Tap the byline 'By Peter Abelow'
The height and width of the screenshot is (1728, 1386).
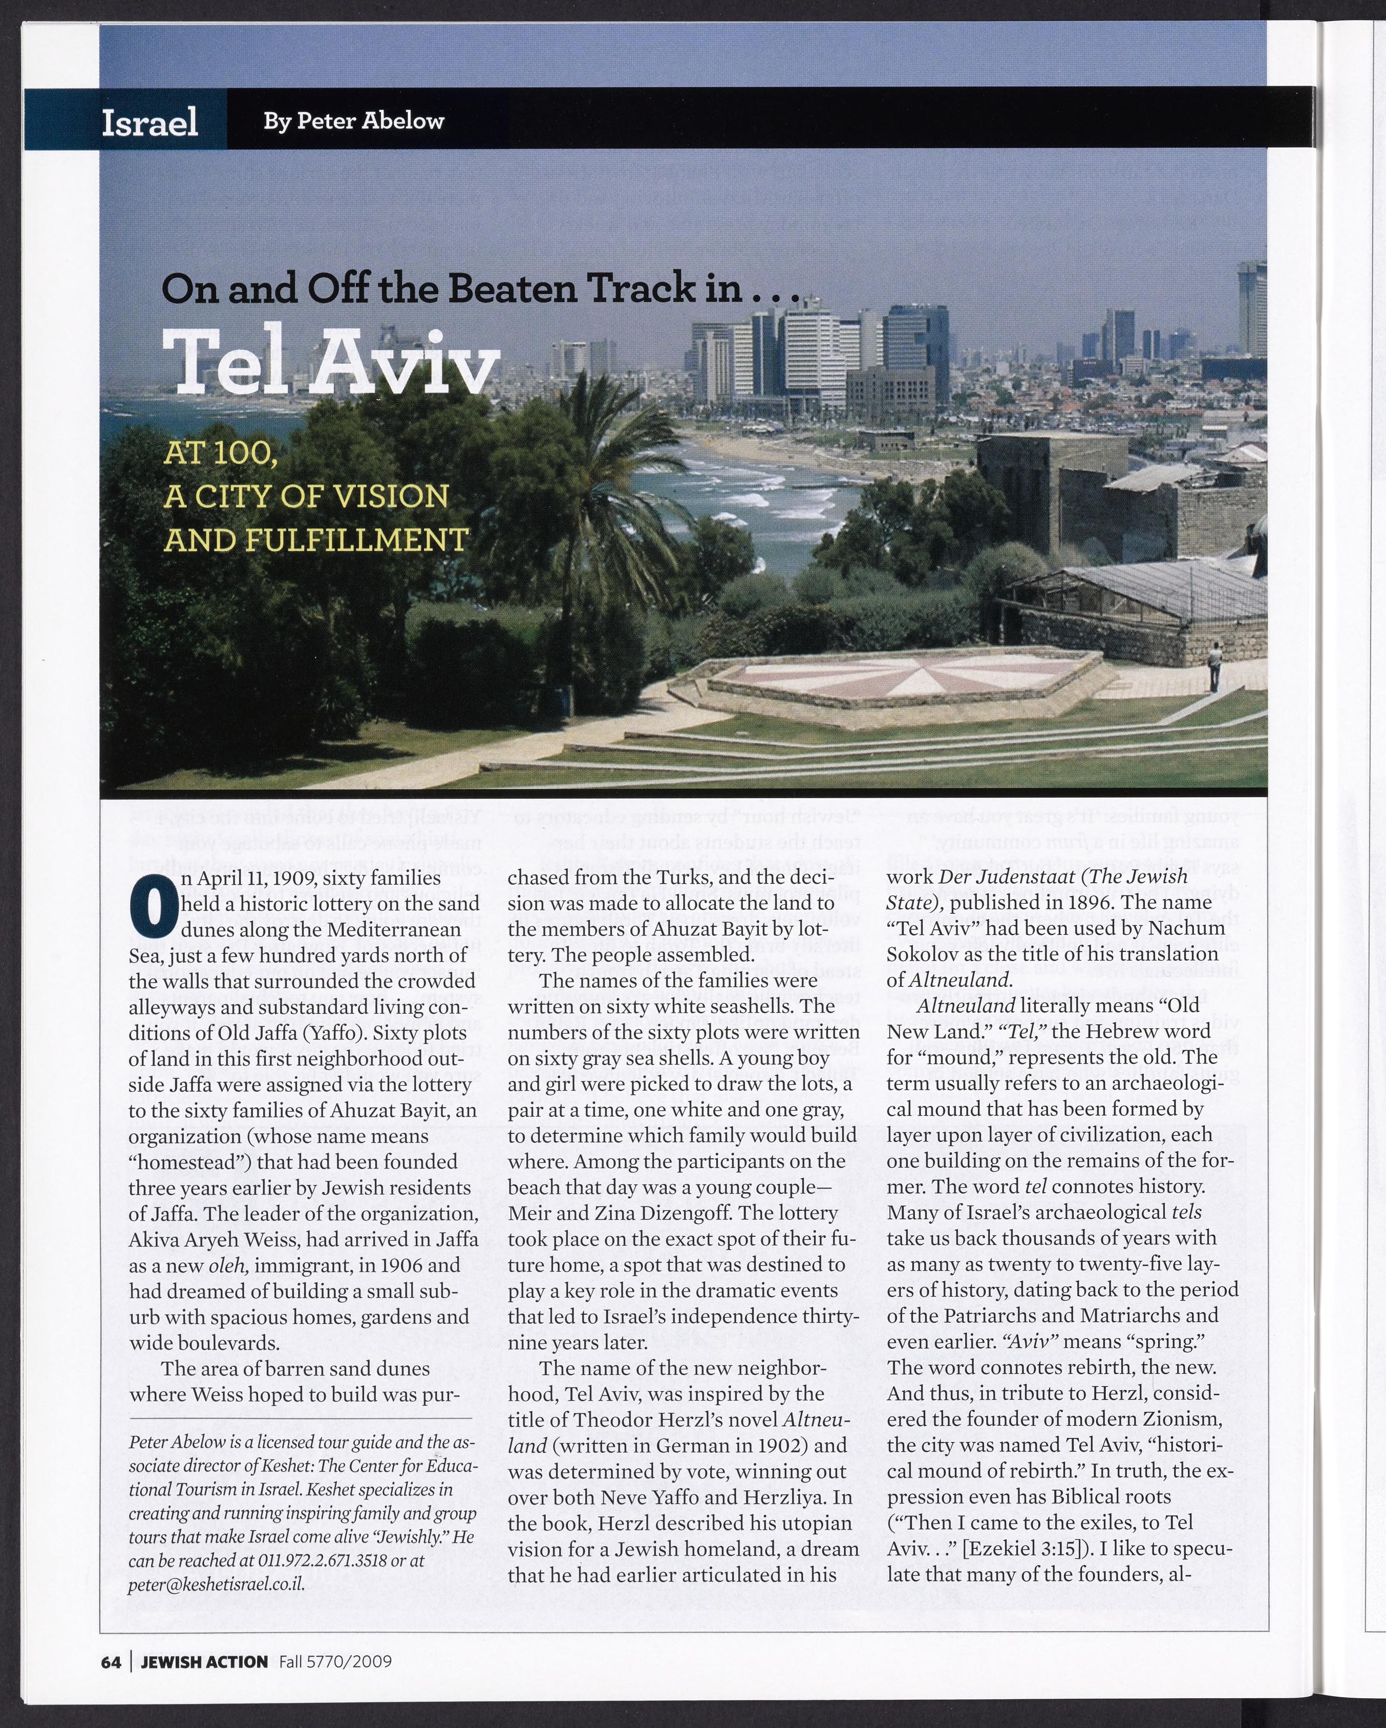click(x=353, y=121)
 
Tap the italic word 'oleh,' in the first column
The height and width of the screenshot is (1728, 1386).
click(x=230, y=1265)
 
